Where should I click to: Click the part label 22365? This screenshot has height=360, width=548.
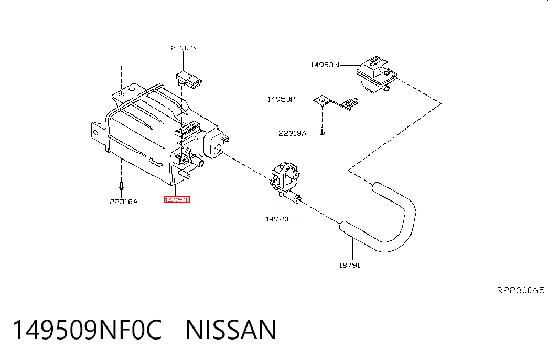(183, 48)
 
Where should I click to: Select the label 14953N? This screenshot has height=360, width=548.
(325, 65)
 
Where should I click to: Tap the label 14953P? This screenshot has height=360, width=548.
(281, 99)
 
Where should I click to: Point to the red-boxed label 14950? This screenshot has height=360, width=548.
(177, 200)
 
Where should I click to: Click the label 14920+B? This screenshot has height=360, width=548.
(282, 219)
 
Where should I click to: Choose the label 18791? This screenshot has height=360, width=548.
(349, 265)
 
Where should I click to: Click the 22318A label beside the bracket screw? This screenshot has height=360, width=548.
(292, 133)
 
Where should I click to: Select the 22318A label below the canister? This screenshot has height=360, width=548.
(124, 202)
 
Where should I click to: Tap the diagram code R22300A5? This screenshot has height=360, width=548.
(521, 290)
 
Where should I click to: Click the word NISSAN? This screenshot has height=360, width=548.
(231, 330)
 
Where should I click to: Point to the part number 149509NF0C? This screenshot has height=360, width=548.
(88, 330)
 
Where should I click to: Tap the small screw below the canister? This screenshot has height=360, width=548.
(121, 186)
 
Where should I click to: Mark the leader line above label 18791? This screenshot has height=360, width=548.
(353, 249)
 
